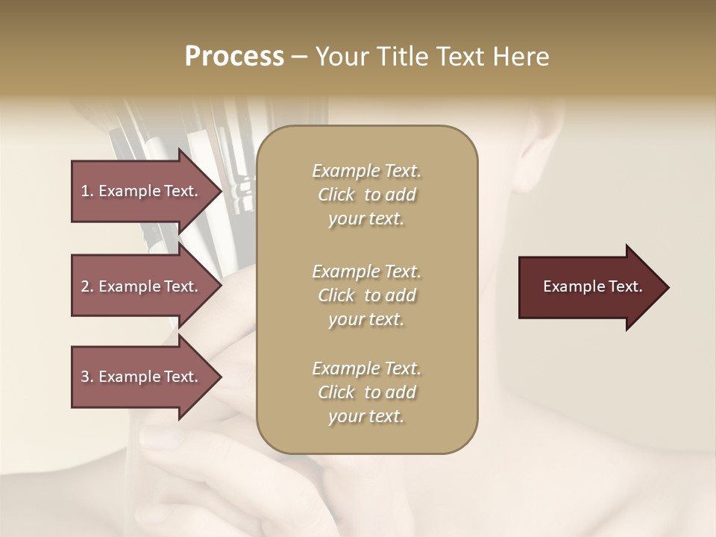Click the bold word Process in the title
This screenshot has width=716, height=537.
(x=234, y=57)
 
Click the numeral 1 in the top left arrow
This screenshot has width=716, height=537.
(x=85, y=191)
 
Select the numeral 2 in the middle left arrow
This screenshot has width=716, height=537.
(x=85, y=286)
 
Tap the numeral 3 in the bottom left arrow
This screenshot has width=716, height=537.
(x=85, y=377)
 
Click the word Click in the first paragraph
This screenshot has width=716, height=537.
(x=336, y=195)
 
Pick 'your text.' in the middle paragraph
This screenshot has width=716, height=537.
(x=366, y=319)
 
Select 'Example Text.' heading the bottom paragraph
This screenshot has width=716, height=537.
(x=366, y=368)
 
